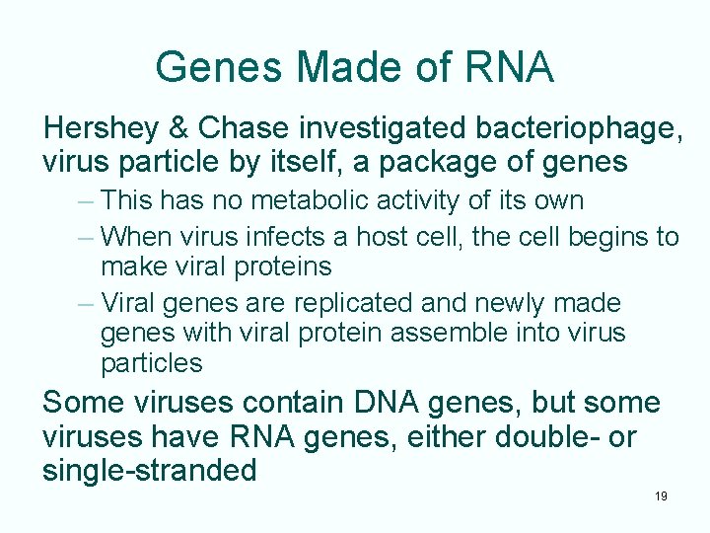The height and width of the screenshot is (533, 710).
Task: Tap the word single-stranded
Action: [150, 470]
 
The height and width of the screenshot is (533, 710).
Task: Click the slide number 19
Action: [661, 495]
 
